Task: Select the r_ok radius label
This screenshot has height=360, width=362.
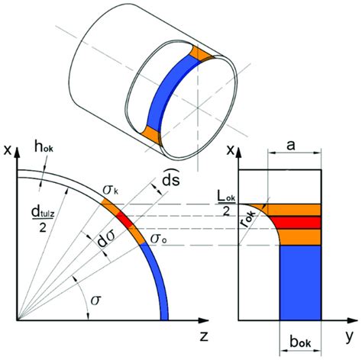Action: (254, 229)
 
